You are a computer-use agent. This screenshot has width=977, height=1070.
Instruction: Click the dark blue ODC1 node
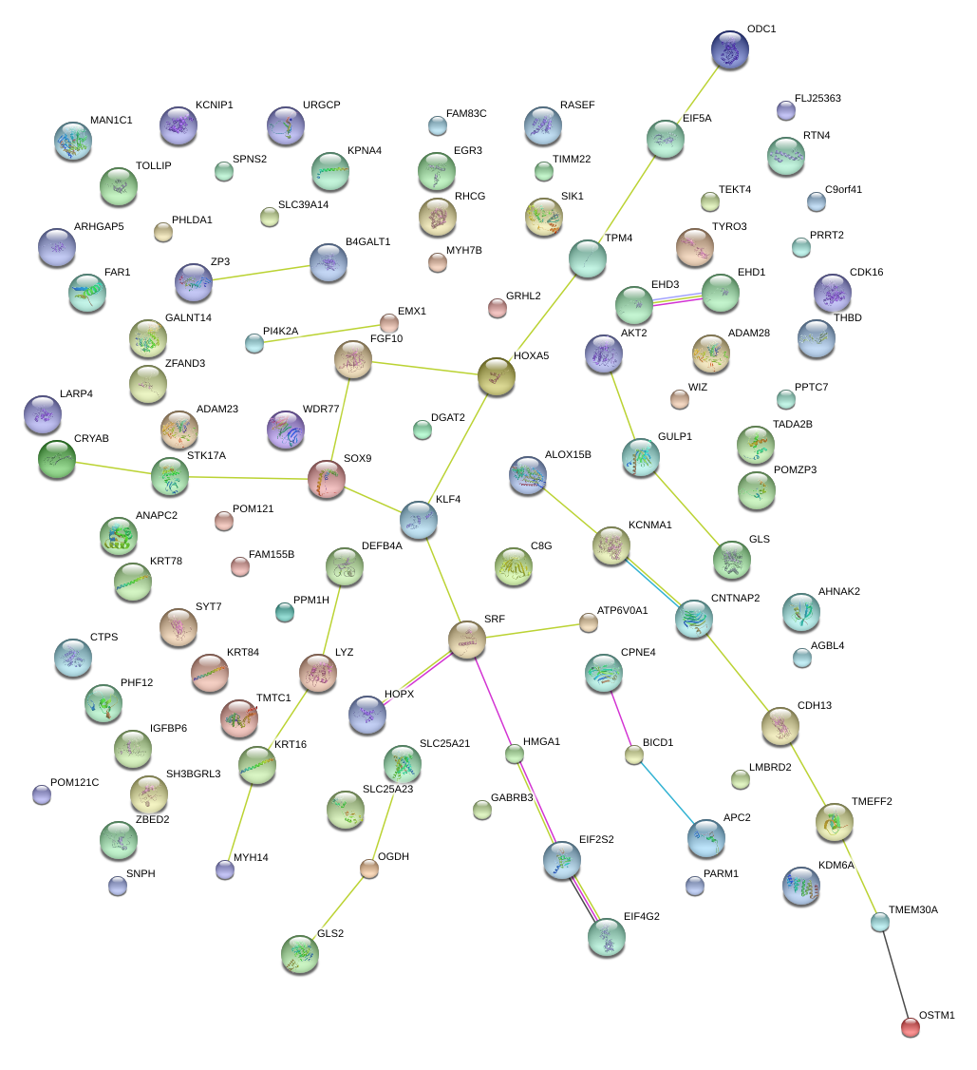(729, 49)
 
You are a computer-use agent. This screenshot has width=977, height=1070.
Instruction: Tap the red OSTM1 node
(911, 1027)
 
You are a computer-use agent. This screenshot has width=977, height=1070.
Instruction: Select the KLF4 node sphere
(419, 520)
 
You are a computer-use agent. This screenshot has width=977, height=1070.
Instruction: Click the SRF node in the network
(467, 640)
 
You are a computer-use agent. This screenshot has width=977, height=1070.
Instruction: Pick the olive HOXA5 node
(497, 376)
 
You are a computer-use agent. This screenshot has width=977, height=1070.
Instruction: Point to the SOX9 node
(327, 479)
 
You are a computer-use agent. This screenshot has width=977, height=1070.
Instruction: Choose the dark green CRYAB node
(57, 459)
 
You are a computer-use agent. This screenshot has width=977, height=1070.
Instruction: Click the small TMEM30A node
(880, 923)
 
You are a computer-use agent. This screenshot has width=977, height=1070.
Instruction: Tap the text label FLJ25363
(817, 98)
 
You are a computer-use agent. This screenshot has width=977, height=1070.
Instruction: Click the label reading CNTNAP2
(735, 598)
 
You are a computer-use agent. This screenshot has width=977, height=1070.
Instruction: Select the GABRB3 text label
(512, 797)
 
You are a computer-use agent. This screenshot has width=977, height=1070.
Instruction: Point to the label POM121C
(74, 782)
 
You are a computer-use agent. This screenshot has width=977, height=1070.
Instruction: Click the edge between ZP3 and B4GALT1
(261, 273)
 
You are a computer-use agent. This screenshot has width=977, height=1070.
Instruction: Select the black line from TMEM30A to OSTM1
(895, 974)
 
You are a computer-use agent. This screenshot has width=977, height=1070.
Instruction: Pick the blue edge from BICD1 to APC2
(668, 793)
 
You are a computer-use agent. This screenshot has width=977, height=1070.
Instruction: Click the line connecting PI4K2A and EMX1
(322, 333)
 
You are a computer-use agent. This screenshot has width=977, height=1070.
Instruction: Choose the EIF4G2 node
(607, 937)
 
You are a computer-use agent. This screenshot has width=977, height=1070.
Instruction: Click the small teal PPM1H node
(284, 612)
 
